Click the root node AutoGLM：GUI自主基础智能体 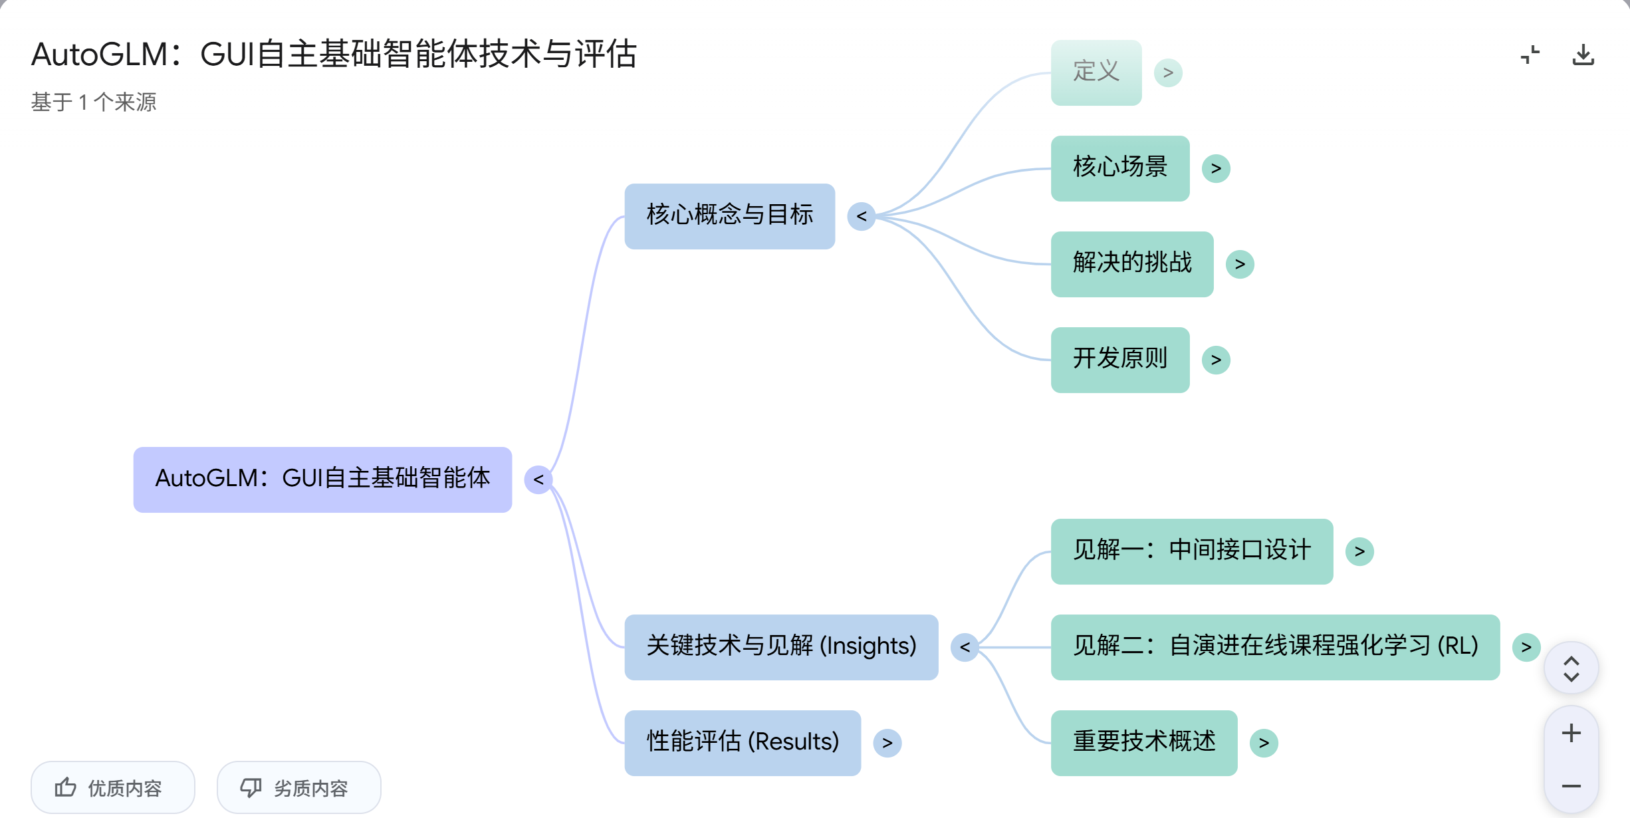coord(322,479)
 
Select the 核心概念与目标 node coord(729,216)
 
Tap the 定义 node coord(1096,72)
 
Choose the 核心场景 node coord(1119,168)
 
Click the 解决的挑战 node coord(1131,264)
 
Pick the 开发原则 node coord(1119,360)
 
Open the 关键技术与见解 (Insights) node coord(781,647)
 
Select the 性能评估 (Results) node coord(743,743)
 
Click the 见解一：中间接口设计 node coord(1191,551)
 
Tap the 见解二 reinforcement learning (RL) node coord(1275,647)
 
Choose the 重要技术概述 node coord(1143,743)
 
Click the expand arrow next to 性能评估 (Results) coord(887,743)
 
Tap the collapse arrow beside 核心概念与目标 coord(862,216)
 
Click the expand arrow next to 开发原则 coord(1216,360)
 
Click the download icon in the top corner coord(1583,55)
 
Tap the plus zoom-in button coord(1571,733)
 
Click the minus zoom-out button coord(1571,786)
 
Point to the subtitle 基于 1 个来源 coord(94,102)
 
